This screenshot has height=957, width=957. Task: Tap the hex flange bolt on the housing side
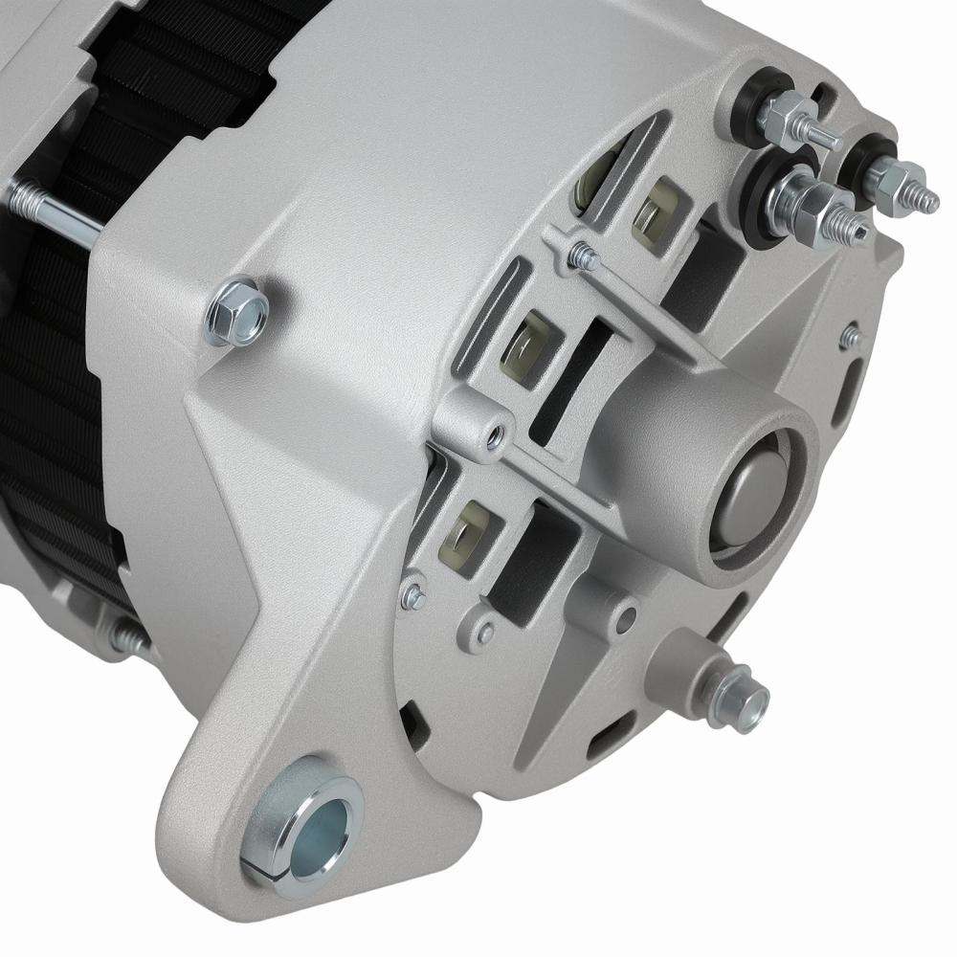[236, 310]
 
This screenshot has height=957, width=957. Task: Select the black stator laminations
[57, 402]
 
